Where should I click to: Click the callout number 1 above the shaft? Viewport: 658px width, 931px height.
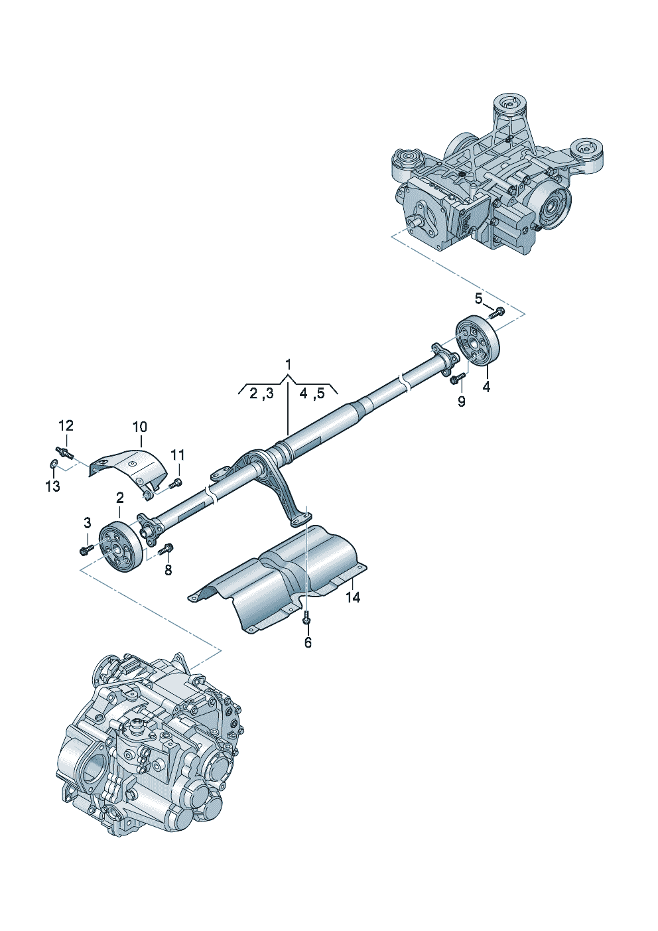288,364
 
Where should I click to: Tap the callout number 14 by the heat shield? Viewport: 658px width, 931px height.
353,597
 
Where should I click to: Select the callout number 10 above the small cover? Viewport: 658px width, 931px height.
140,427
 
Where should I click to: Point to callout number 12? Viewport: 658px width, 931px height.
66,425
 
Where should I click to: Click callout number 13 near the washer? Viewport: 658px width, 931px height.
52,486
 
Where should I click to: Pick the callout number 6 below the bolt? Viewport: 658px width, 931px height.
308,642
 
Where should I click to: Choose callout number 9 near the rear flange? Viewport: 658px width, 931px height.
462,401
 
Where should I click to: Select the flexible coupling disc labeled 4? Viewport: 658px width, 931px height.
480,342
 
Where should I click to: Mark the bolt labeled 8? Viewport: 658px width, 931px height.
167,548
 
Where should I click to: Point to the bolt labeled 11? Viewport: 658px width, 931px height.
176,483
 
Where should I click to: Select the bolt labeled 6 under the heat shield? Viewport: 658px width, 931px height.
306,617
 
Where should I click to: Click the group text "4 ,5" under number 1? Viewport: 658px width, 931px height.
312,394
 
